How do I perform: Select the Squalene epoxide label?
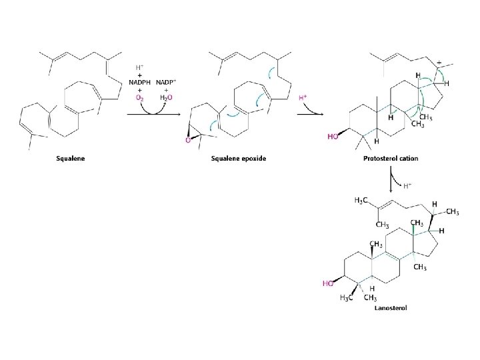(x=239, y=159)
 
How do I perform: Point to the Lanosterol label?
(x=391, y=308)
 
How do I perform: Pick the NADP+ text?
(x=167, y=82)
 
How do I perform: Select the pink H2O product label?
(x=166, y=97)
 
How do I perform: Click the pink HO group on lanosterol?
(x=327, y=283)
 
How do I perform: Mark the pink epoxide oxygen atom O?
(x=189, y=140)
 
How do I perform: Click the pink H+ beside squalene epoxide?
(x=303, y=98)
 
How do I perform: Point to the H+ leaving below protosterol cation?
(x=406, y=185)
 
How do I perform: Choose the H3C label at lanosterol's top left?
(x=359, y=201)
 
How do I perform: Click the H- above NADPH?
(x=139, y=67)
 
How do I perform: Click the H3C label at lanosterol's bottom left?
(x=346, y=297)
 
